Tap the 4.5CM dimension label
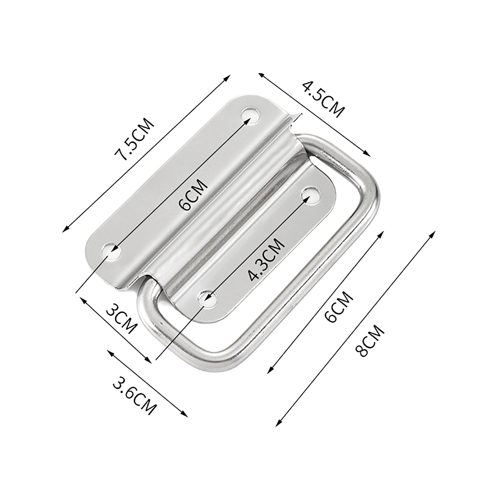coord(323,99)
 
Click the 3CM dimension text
coord(122,319)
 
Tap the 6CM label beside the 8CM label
coord(338,307)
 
